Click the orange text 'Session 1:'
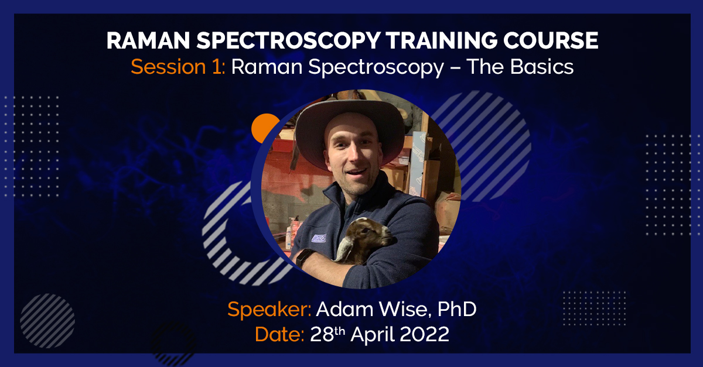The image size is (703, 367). coord(178,67)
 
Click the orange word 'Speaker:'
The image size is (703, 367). coord(269,310)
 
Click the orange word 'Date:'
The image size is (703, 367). coord(279,335)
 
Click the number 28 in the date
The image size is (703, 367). coord(322,335)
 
